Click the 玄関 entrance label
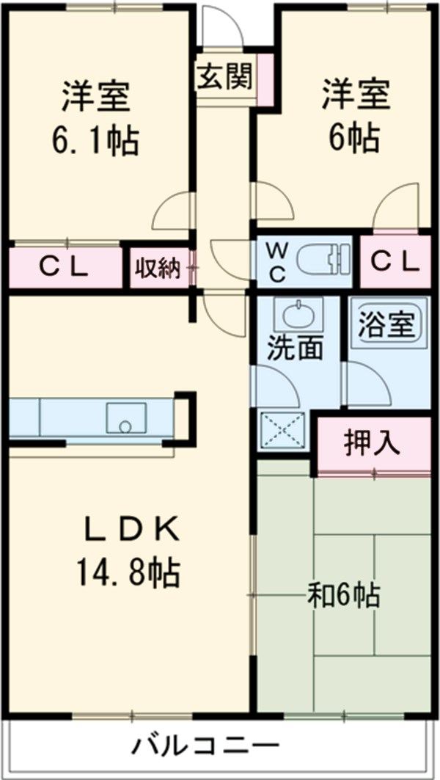click(224, 76)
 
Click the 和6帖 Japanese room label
click(343, 595)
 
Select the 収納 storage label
click(156, 268)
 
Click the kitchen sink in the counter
click(125, 419)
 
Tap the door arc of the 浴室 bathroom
click(367, 382)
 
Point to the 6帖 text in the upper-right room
click(354, 137)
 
